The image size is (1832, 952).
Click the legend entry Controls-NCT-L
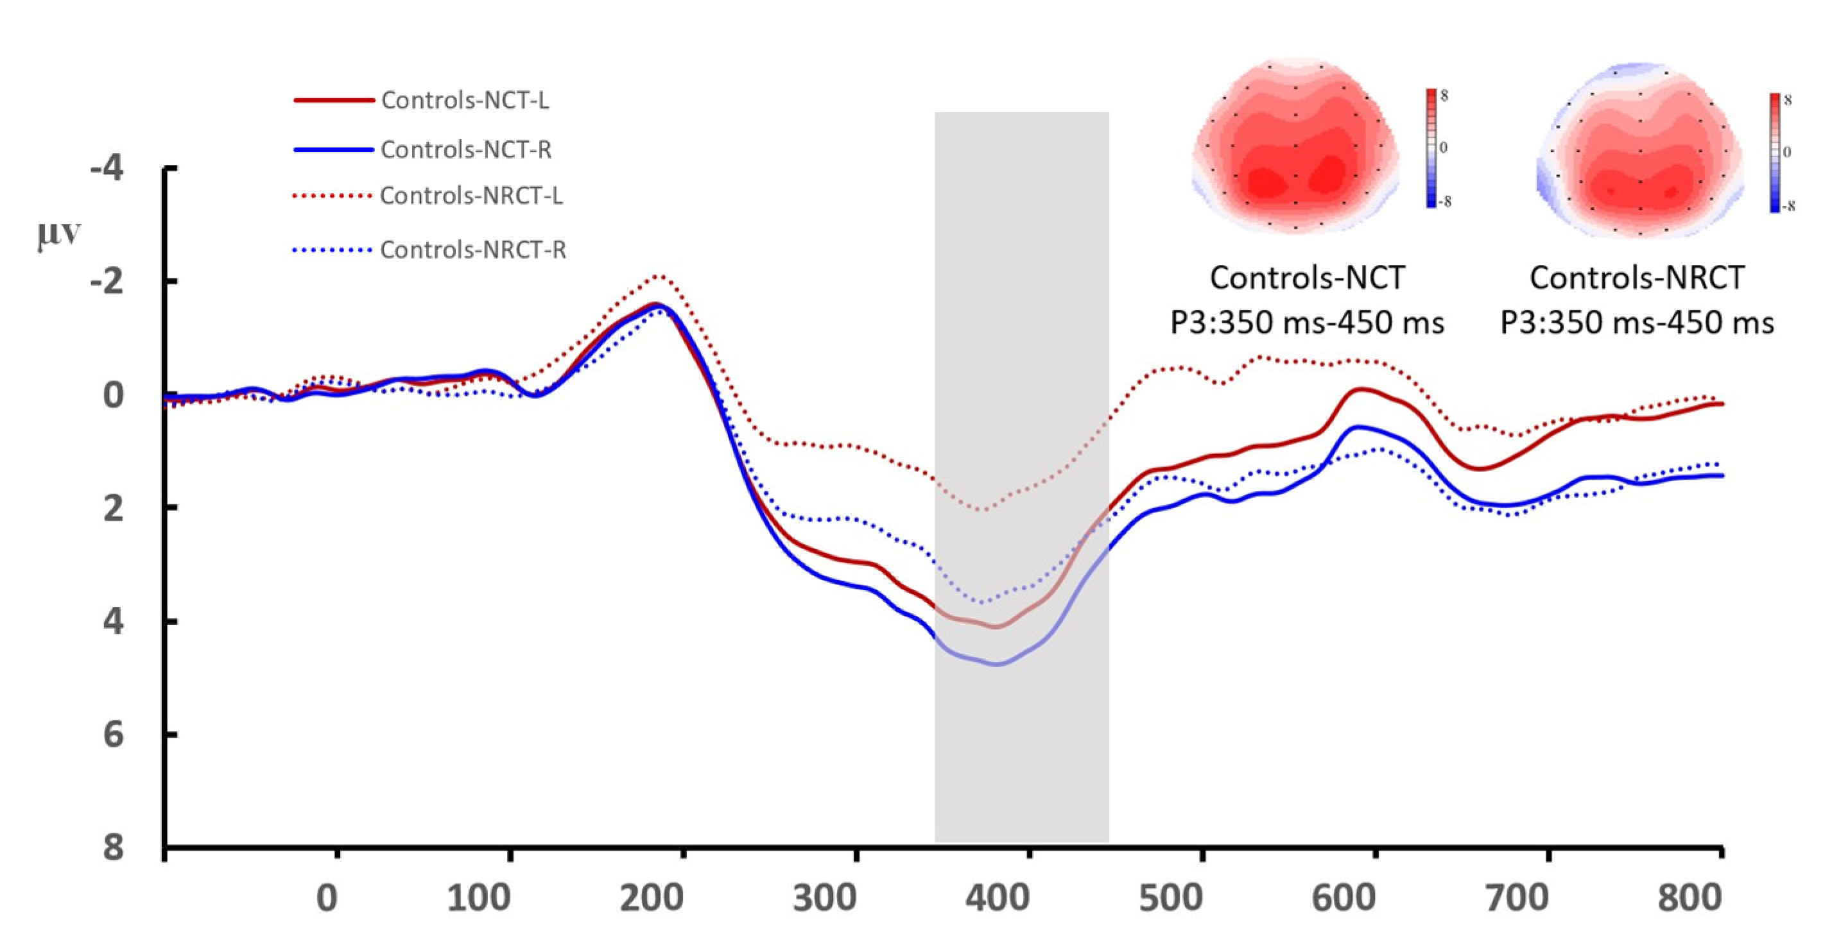coord(464,100)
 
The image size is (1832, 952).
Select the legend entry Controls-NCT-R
coord(466,149)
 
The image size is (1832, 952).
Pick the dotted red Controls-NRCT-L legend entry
coord(471,195)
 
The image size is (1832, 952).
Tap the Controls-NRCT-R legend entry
coord(473,250)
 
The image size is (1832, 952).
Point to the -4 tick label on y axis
coord(107,169)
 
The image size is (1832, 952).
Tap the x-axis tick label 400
coord(997,898)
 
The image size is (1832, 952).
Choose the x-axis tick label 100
coord(479,898)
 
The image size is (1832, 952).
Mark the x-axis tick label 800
coord(1689,898)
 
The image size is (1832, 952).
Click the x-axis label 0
coord(327,898)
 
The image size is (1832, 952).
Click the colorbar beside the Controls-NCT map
coord(1431,148)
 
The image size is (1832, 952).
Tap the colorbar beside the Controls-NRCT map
coord(1775,152)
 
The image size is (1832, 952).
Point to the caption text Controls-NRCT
coord(1636,277)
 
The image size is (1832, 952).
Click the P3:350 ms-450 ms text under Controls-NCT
coord(1307,323)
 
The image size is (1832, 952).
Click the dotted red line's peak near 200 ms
coord(659,275)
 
